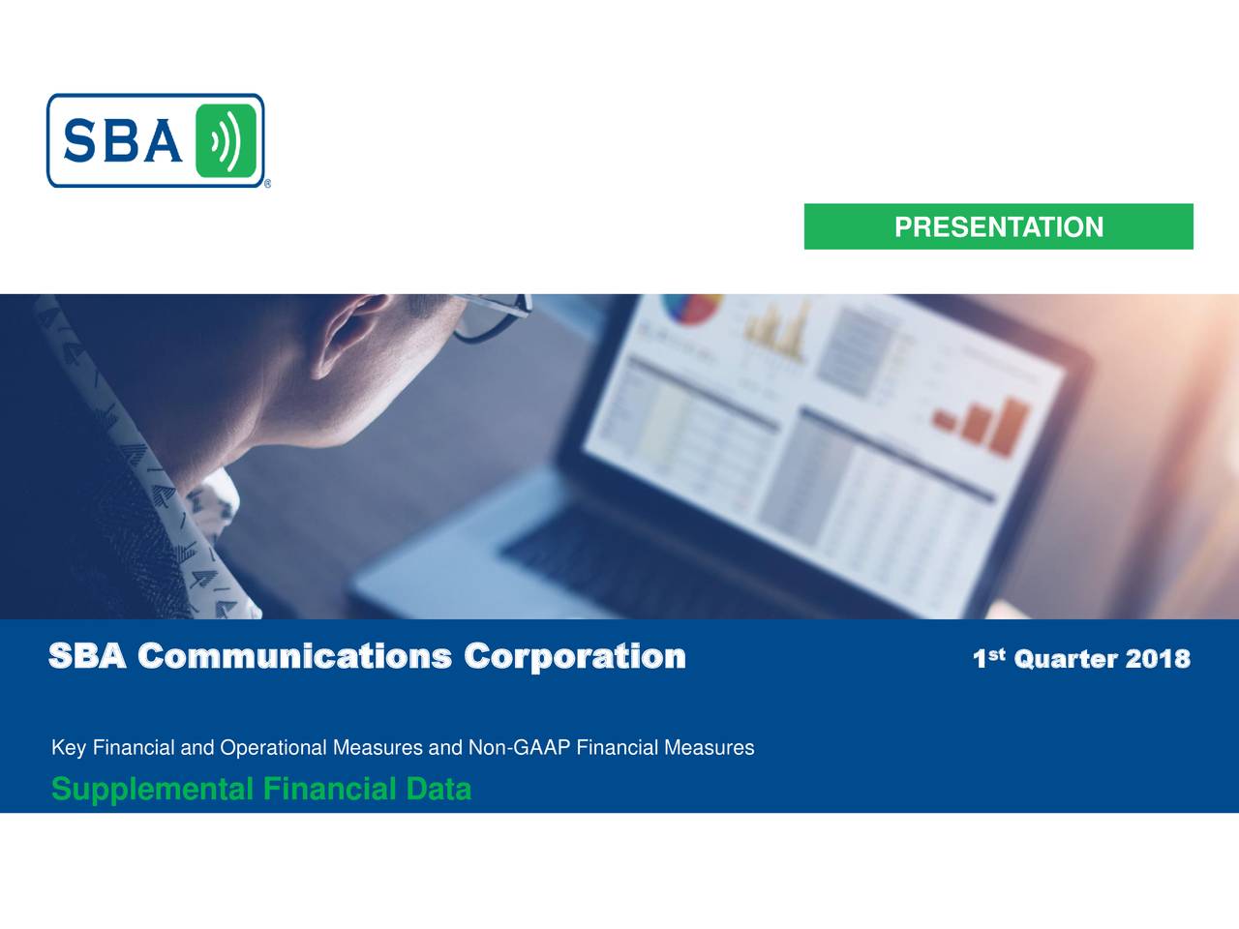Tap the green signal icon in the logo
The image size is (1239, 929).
coord(226,141)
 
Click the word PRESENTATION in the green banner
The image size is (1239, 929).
coord(998,227)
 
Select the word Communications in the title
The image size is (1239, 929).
coord(294,657)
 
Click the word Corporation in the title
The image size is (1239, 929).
coord(574,657)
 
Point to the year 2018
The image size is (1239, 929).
coord(1158,660)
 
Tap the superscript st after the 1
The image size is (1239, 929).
coord(997,655)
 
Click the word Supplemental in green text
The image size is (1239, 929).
coord(152,790)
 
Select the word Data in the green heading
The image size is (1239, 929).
coord(438,790)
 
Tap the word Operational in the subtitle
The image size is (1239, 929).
coord(274,748)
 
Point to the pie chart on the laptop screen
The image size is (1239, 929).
coord(691,310)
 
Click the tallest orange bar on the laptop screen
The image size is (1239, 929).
coord(1013,426)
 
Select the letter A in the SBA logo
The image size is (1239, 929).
coord(163,142)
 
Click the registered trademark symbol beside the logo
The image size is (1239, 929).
coord(267,184)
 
